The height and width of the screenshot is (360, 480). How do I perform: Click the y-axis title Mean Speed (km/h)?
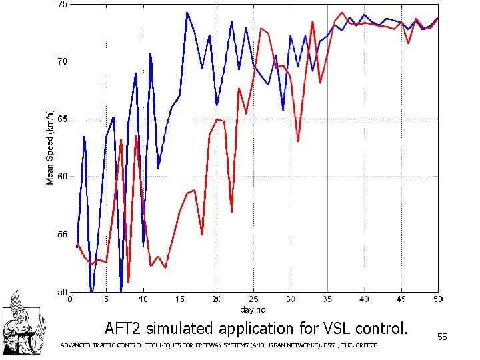tap(49, 148)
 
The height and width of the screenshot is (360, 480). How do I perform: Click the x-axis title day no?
tap(253, 309)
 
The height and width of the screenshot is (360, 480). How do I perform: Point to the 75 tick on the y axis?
tap(62, 5)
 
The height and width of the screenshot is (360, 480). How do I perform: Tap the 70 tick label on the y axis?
tap(62, 62)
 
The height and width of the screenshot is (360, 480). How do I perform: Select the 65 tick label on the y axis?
tap(62, 119)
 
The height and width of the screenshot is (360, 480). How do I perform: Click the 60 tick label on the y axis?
tap(62, 177)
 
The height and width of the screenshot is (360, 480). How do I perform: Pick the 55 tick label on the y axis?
tap(62, 235)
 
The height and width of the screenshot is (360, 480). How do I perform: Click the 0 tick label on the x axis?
tap(71, 300)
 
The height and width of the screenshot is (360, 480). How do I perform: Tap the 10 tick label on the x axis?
tap(143, 300)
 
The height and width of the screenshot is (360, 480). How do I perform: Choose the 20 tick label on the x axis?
tap(217, 300)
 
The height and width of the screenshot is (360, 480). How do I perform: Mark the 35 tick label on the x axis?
tap(327, 300)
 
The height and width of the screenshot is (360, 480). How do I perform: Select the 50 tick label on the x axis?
tap(437, 300)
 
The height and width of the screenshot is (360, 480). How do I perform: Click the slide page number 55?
tap(441, 338)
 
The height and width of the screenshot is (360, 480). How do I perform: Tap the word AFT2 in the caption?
tap(123, 329)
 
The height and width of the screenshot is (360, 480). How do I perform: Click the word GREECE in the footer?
tap(367, 345)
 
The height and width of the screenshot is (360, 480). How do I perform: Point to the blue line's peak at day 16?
tap(187, 13)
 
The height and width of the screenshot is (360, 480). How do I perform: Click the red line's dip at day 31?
tap(298, 141)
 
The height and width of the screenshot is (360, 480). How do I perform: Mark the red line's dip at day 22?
tap(231, 211)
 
